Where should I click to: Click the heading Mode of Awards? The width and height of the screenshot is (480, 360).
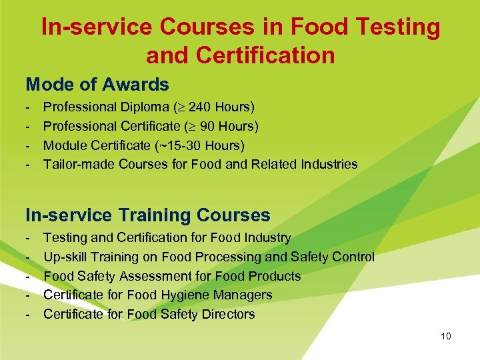coord(97,85)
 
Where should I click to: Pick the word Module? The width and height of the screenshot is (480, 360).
coord(64,145)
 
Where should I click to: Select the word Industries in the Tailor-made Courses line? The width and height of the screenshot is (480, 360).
coord(329,164)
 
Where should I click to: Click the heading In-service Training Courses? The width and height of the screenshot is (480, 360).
coord(148,215)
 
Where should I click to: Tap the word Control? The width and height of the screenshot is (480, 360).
coord(354,257)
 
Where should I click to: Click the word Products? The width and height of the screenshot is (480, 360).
coord(276,276)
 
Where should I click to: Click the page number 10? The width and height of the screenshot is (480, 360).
coord(446,337)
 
